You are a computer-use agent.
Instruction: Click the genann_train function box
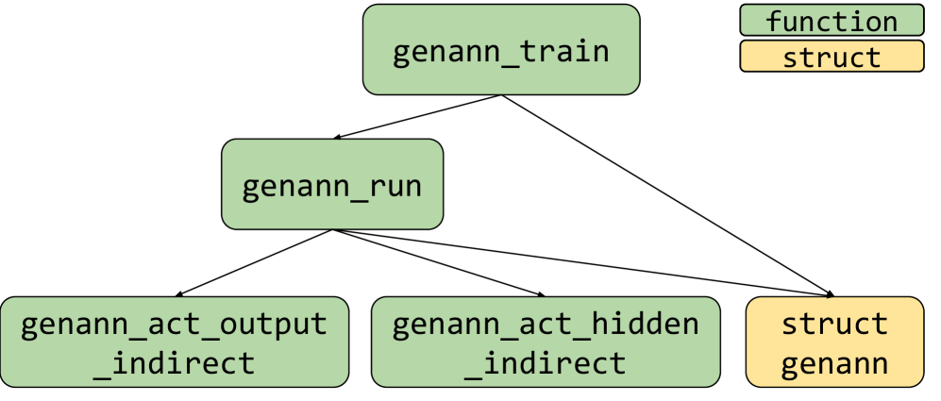pos(501,50)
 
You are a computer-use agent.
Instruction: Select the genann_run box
pos(332,184)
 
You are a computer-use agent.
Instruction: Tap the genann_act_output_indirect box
pos(175,342)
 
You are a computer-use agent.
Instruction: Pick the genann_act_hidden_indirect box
pos(546,342)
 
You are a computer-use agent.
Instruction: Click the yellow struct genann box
pos(834,342)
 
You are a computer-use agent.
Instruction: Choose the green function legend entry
pos(832,21)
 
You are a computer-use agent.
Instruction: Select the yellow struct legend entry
pos(832,57)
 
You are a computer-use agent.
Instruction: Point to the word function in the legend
pos(832,21)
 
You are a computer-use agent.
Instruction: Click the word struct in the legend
pos(832,58)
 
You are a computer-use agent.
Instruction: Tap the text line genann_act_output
pos(175,325)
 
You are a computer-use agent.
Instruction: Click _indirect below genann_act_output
pos(175,362)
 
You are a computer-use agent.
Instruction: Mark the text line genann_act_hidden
pos(546,325)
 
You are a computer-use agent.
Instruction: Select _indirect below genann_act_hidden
pos(546,362)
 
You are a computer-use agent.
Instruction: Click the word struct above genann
pos(835,325)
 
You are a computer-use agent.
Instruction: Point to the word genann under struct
pos(835,362)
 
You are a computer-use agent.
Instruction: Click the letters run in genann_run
pos(390,185)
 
